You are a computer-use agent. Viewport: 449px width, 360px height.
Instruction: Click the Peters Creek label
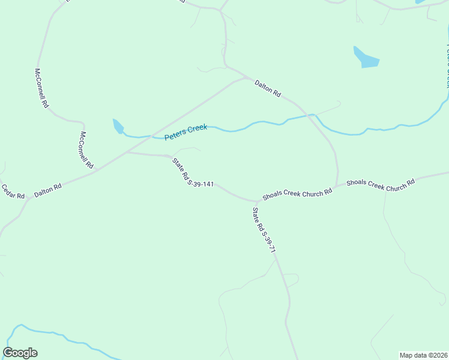tap(185, 132)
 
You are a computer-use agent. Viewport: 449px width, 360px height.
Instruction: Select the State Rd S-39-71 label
tap(264, 230)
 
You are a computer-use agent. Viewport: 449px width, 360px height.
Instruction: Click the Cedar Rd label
tap(13, 192)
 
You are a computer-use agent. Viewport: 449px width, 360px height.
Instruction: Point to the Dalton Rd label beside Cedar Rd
tap(48, 190)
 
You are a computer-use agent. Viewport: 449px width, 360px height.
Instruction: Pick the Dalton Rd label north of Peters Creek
tap(268, 88)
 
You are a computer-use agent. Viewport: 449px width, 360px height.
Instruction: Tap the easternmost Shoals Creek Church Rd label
tap(381, 184)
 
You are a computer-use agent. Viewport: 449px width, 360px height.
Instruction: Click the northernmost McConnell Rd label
tap(41, 88)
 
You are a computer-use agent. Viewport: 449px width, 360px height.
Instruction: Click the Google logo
tap(20, 353)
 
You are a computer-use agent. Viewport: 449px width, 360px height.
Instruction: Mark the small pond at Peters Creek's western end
tap(118, 126)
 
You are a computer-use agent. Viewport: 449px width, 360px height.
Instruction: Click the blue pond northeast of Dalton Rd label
tap(366, 58)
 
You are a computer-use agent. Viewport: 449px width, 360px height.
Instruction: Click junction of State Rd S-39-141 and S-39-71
tap(257, 201)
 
